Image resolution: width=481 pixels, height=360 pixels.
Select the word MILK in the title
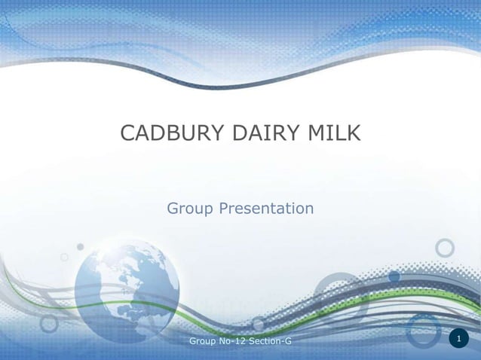point(333,134)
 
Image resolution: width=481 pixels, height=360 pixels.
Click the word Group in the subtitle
point(189,208)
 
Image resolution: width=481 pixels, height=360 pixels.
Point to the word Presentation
point(265,208)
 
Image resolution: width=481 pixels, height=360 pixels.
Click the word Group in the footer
point(202,343)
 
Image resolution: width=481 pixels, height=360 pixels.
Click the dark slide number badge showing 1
point(458,340)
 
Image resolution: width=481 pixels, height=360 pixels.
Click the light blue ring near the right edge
point(446,248)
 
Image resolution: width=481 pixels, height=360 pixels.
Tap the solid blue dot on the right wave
point(394,276)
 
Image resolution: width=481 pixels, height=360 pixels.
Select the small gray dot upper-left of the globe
point(81,246)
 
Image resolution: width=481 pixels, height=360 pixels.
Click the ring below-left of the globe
point(50,323)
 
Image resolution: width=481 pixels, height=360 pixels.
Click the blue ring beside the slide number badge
point(424,331)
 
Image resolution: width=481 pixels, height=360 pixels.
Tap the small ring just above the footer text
point(259,324)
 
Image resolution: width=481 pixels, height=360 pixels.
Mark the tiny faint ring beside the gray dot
point(65,258)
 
